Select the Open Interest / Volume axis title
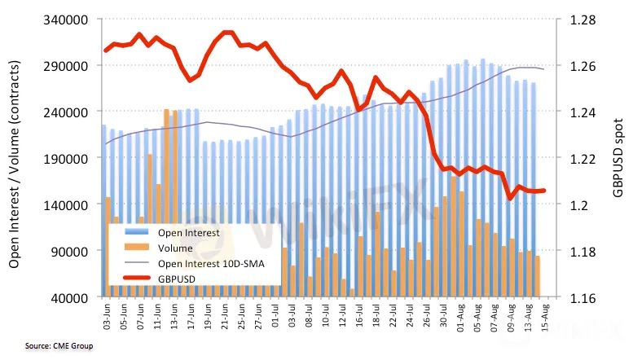pos(15,159)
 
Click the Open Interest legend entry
pos(187,233)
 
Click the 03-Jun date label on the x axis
pos(106,314)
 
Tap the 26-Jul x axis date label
pos(425,314)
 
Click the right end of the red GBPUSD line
pos(543,191)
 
